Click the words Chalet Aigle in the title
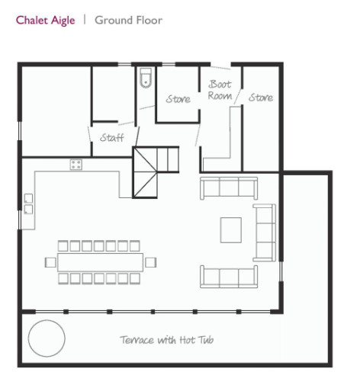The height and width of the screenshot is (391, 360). (45, 21)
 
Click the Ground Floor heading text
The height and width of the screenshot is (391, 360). (128, 20)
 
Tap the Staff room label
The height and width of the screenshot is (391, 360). (112, 137)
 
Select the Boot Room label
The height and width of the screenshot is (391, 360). (220, 90)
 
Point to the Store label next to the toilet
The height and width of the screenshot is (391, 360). (178, 99)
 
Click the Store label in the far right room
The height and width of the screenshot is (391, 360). (261, 98)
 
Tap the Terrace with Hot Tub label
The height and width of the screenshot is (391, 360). (167, 340)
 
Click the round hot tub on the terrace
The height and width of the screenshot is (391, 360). (47, 338)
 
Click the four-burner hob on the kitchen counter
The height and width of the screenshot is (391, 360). (76, 165)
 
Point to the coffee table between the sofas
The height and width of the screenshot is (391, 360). (231, 230)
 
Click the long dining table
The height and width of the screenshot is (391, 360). (101, 262)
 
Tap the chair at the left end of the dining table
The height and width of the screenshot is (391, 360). (50, 262)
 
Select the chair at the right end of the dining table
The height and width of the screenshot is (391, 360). (150, 262)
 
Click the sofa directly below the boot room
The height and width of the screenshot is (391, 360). (229, 188)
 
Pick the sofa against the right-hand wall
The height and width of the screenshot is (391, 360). (265, 232)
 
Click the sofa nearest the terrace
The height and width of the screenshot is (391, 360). (229, 277)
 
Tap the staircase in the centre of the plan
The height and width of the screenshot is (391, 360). (156, 171)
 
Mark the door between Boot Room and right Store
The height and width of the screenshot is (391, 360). (238, 96)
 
